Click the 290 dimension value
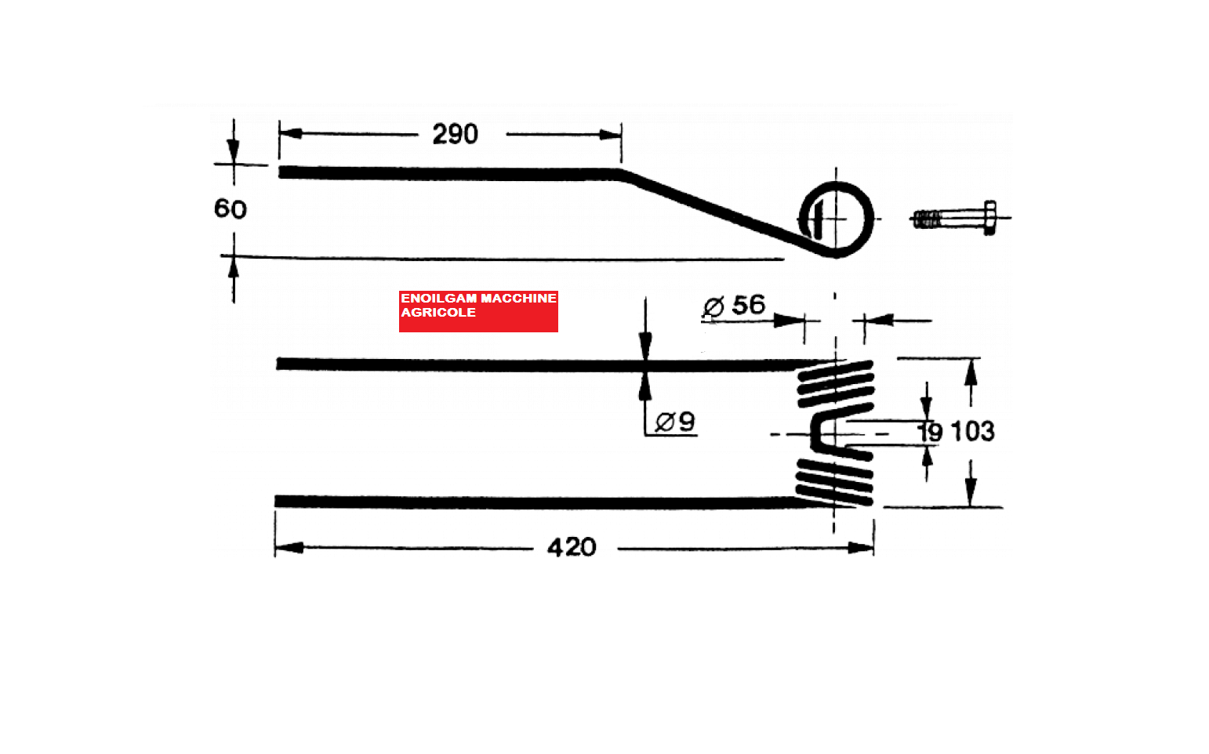[x=455, y=134]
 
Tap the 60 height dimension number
[x=231, y=208]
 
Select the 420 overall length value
[x=572, y=547]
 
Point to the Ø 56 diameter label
[x=734, y=306]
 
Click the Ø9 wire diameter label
[x=674, y=422]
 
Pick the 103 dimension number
[x=972, y=432]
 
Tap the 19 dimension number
[x=930, y=433]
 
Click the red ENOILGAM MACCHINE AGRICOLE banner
[x=478, y=311]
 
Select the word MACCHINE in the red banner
[x=518, y=299]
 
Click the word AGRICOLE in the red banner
[x=438, y=313]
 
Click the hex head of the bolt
[x=989, y=218]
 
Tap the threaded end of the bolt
[x=927, y=219]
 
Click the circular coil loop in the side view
[x=872, y=219]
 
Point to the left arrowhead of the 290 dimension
[x=290, y=133]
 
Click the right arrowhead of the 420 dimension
[x=861, y=548]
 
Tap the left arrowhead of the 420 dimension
[x=289, y=548]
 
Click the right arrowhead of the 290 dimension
[x=610, y=134]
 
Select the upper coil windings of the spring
[x=836, y=384]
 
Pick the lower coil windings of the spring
[x=834, y=482]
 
